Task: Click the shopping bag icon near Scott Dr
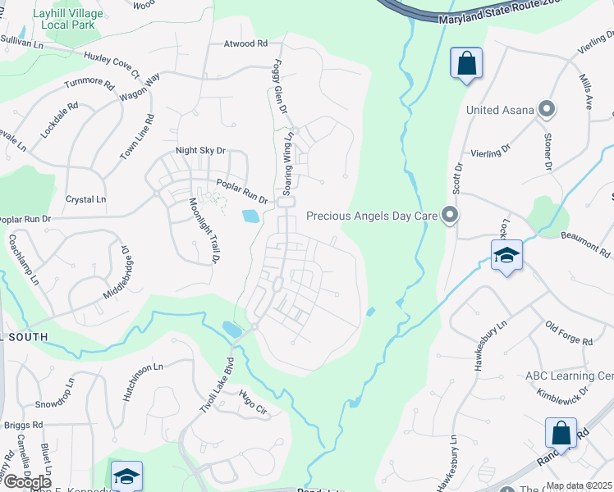pyautogui.click(x=466, y=63)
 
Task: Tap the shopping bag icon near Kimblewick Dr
pyautogui.click(x=561, y=432)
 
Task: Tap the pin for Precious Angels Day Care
pyautogui.click(x=450, y=216)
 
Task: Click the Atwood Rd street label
pyautogui.click(x=245, y=43)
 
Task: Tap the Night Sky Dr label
pyautogui.click(x=200, y=151)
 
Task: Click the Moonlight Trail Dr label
pyautogui.click(x=205, y=230)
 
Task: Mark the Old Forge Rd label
pyautogui.click(x=568, y=334)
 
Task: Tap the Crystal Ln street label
pyautogui.click(x=86, y=199)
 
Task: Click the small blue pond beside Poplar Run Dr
pyautogui.click(x=250, y=216)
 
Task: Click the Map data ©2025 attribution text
pyautogui.click(x=579, y=485)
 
